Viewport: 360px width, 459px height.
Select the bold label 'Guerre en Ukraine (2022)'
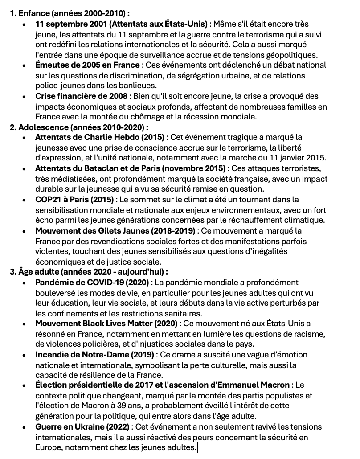point(83,427)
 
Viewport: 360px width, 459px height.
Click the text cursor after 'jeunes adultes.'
point(197,447)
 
